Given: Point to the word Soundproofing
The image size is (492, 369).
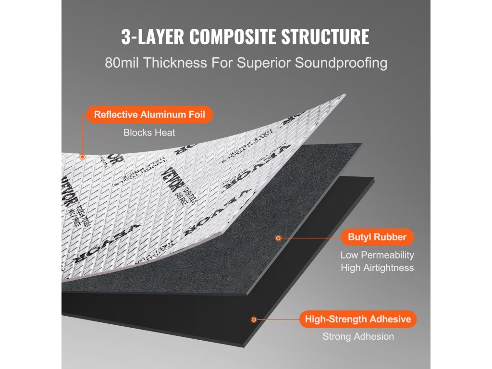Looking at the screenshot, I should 341,63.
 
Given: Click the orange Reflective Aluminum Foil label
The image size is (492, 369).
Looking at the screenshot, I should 149,115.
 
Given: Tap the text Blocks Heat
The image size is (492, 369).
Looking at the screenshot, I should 149,133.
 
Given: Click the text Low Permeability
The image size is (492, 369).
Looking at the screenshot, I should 377,255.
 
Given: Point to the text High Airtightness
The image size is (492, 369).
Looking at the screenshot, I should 377,268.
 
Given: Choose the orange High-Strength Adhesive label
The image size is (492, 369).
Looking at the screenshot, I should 358,319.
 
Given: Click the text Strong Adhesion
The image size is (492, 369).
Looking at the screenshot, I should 358,337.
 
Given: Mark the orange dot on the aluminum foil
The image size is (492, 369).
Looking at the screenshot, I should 83,157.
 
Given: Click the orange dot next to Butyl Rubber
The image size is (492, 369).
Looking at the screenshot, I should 278,237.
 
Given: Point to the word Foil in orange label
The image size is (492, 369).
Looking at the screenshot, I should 196,115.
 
